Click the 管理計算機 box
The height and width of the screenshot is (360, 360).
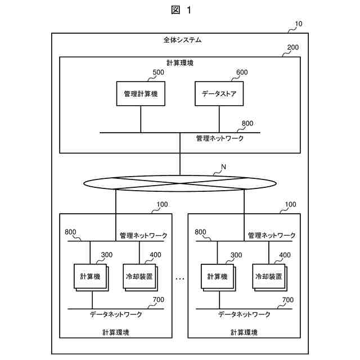tap(141, 94)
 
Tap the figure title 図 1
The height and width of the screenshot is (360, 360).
tap(179, 10)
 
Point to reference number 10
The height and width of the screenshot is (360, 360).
tap(298, 24)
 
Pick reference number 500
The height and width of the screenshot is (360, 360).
tap(158, 73)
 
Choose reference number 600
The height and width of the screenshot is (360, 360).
tap(241, 73)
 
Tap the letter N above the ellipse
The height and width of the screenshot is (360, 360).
tap(223, 167)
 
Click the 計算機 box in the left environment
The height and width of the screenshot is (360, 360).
tap(90, 276)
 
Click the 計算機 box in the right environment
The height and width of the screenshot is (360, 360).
tap(217, 276)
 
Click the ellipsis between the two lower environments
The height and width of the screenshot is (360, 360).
tap(180, 278)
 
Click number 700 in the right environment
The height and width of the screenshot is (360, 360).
tap(288, 300)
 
